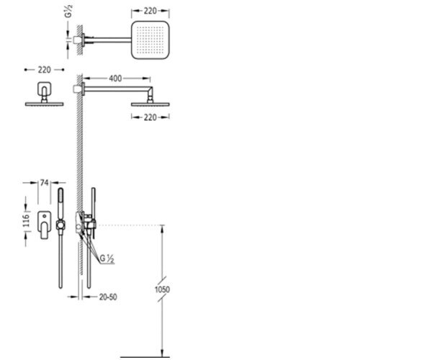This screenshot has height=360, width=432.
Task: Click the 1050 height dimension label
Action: click(162, 289)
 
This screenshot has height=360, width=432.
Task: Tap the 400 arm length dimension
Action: click(115, 78)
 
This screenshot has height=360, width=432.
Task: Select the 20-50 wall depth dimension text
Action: click(108, 297)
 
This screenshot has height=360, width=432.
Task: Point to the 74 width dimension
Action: click(45, 183)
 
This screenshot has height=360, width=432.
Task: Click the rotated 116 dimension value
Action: click(26, 220)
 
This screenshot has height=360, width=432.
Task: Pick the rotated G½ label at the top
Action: click(69, 11)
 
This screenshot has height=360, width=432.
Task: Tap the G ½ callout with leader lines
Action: click(107, 258)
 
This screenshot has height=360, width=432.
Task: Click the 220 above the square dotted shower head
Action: click(150, 11)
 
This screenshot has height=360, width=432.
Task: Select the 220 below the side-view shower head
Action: click(150, 117)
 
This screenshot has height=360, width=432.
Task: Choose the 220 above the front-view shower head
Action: click(45, 70)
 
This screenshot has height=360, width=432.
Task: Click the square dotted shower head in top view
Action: click(150, 40)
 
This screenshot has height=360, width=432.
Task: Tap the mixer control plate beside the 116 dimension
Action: click(45, 225)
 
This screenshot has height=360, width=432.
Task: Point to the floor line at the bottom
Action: click(145, 357)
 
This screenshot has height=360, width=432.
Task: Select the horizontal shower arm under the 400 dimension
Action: click(118, 89)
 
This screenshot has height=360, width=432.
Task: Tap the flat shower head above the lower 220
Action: click(150, 104)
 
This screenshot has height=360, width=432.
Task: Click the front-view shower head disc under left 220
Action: click(45, 104)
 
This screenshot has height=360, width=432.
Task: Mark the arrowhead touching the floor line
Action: click(162, 353)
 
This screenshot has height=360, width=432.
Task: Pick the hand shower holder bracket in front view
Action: click(60, 225)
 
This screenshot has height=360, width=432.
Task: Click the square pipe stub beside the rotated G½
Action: click(77, 40)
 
